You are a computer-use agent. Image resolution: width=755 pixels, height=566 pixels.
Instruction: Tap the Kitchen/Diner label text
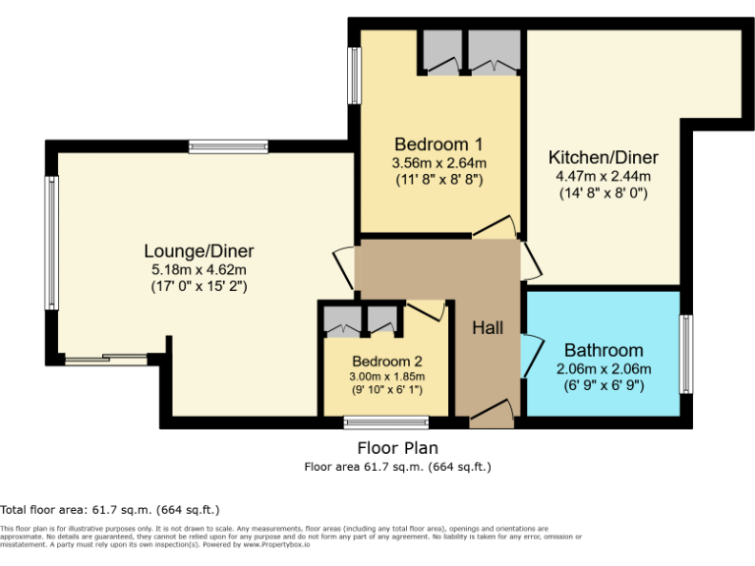[603, 157]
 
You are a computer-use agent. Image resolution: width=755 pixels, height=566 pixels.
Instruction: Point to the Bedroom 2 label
[387, 360]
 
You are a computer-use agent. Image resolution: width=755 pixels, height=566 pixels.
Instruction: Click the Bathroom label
[604, 350]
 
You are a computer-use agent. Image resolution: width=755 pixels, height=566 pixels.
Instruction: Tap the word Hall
[488, 327]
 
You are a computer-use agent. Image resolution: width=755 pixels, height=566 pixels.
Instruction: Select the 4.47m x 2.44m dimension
[603, 176]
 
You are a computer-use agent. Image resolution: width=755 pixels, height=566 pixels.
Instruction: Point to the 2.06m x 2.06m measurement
[604, 368]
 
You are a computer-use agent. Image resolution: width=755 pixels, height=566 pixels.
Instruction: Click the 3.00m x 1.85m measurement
[387, 375]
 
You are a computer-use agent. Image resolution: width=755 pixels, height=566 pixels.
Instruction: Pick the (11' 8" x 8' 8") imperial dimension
[439, 180]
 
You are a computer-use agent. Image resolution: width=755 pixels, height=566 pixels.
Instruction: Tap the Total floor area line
[110, 509]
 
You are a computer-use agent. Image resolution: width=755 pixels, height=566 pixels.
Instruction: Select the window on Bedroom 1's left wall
[353, 76]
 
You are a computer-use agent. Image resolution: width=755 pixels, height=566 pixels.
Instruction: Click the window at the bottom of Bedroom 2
[386, 423]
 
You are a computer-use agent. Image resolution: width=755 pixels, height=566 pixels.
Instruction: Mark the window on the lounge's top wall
[228, 146]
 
